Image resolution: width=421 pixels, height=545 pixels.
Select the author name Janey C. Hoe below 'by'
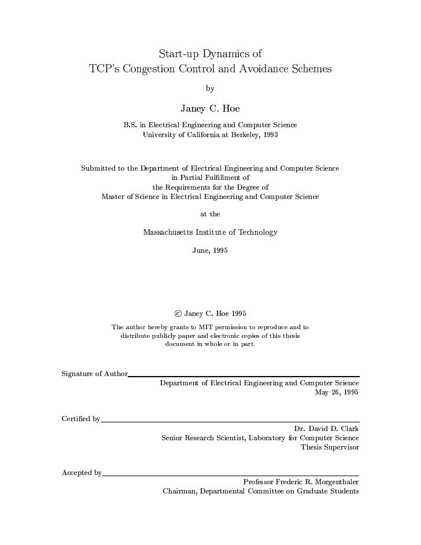tap(210, 108)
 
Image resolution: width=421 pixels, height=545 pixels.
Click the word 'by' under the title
tap(210, 89)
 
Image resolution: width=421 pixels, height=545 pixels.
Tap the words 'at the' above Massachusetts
tap(210, 214)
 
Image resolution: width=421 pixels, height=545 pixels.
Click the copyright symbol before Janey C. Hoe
tap(178, 314)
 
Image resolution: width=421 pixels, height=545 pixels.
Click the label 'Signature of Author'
tap(94, 373)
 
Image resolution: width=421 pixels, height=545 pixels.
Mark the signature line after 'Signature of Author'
tap(243, 376)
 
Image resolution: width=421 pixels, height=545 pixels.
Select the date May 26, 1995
tap(337, 392)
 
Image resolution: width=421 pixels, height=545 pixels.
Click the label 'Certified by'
tap(80, 419)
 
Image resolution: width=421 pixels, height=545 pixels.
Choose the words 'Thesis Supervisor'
tap(330, 447)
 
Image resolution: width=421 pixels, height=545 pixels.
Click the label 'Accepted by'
tap(82, 473)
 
